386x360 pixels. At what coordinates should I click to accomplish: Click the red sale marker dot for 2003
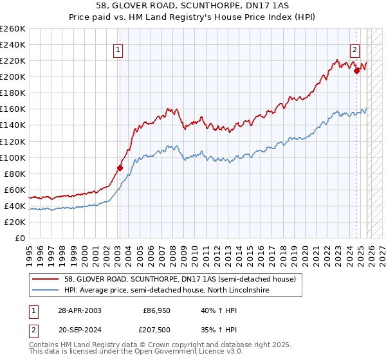pyautogui.click(x=119, y=168)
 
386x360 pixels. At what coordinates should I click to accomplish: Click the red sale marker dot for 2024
pyautogui.click(x=356, y=71)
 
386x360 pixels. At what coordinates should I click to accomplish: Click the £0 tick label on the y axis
pyautogui.click(x=19, y=238)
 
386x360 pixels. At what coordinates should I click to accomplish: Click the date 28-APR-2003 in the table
pyautogui.click(x=79, y=310)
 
